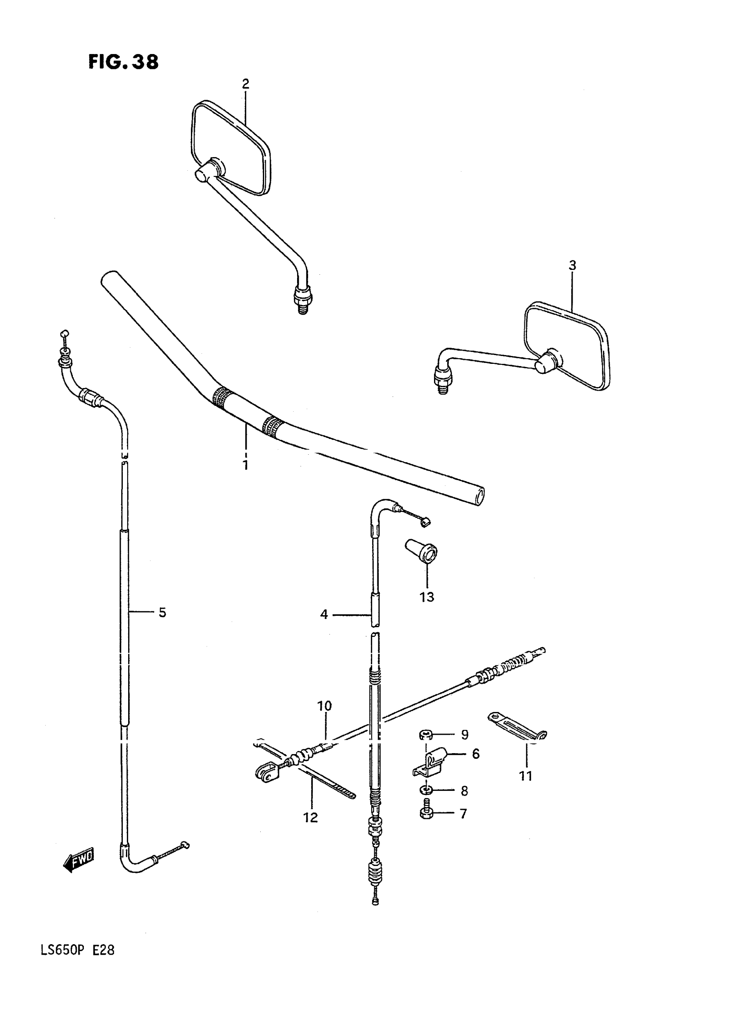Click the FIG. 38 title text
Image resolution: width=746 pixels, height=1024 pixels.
point(123,62)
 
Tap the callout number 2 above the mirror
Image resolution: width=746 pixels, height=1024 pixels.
point(245,84)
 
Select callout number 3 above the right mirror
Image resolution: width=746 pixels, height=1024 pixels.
point(572,265)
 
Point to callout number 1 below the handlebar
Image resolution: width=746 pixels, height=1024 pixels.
point(245,465)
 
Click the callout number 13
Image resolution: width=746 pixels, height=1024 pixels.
point(427,596)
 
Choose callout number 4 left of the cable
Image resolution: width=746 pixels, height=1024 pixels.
point(324,614)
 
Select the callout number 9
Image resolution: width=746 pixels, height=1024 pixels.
point(465,735)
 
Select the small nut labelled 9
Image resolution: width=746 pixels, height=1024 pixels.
point(425,735)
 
